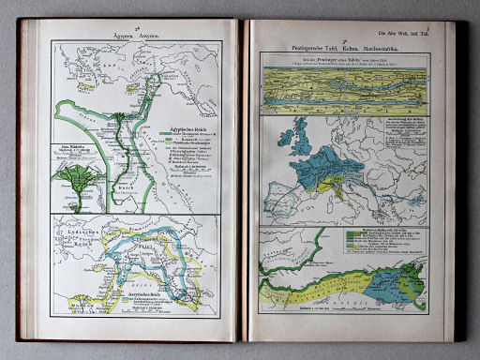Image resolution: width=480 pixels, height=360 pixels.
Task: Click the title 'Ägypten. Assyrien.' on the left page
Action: coord(135,34)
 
